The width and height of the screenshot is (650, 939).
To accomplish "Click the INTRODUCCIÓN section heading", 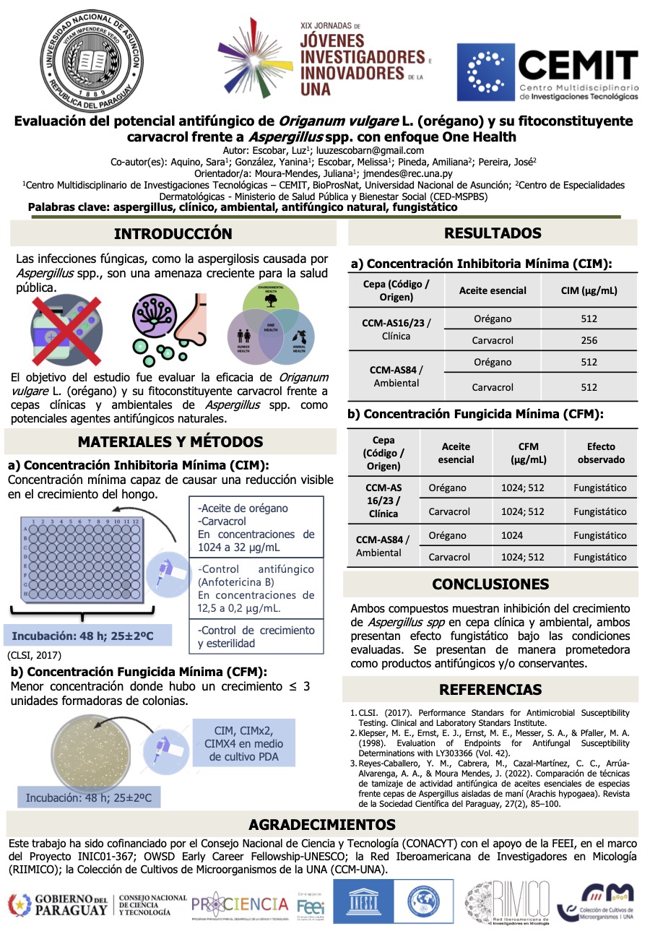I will (x=173, y=233).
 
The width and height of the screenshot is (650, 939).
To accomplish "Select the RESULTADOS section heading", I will (x=493, y=233).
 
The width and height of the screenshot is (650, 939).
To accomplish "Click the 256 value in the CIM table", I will (x=589, y=340).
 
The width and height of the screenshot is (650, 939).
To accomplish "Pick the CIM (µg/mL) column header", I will (x=589, y=290).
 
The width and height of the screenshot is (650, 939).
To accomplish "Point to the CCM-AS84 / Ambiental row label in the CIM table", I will (x=396, y=376).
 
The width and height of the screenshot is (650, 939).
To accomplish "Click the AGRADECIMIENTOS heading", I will (x=322, y=824).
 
